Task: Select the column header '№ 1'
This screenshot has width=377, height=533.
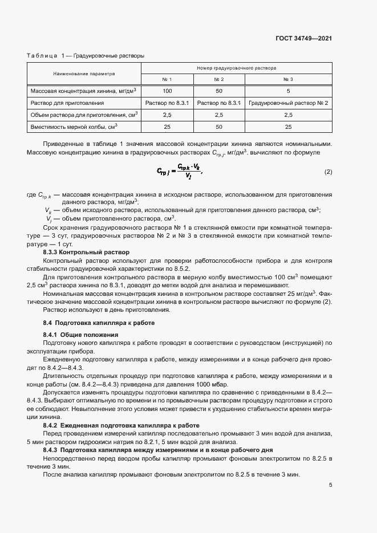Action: pos(167,79)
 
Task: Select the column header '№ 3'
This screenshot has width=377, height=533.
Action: pos(288,79)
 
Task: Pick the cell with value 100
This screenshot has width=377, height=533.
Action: pos(167,91)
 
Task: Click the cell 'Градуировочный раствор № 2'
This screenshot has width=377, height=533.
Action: pos(288,103)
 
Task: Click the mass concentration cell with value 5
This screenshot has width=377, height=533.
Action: pos(288,91)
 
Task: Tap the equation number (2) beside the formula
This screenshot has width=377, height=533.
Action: pos(328,172)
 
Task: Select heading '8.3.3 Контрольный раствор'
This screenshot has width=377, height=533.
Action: pos(86,252)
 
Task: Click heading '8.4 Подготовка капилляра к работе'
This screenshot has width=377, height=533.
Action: pos(95,323)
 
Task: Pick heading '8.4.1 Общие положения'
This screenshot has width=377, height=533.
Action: pos(80,335)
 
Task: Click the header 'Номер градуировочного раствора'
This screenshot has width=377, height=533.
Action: pos(236,67)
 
